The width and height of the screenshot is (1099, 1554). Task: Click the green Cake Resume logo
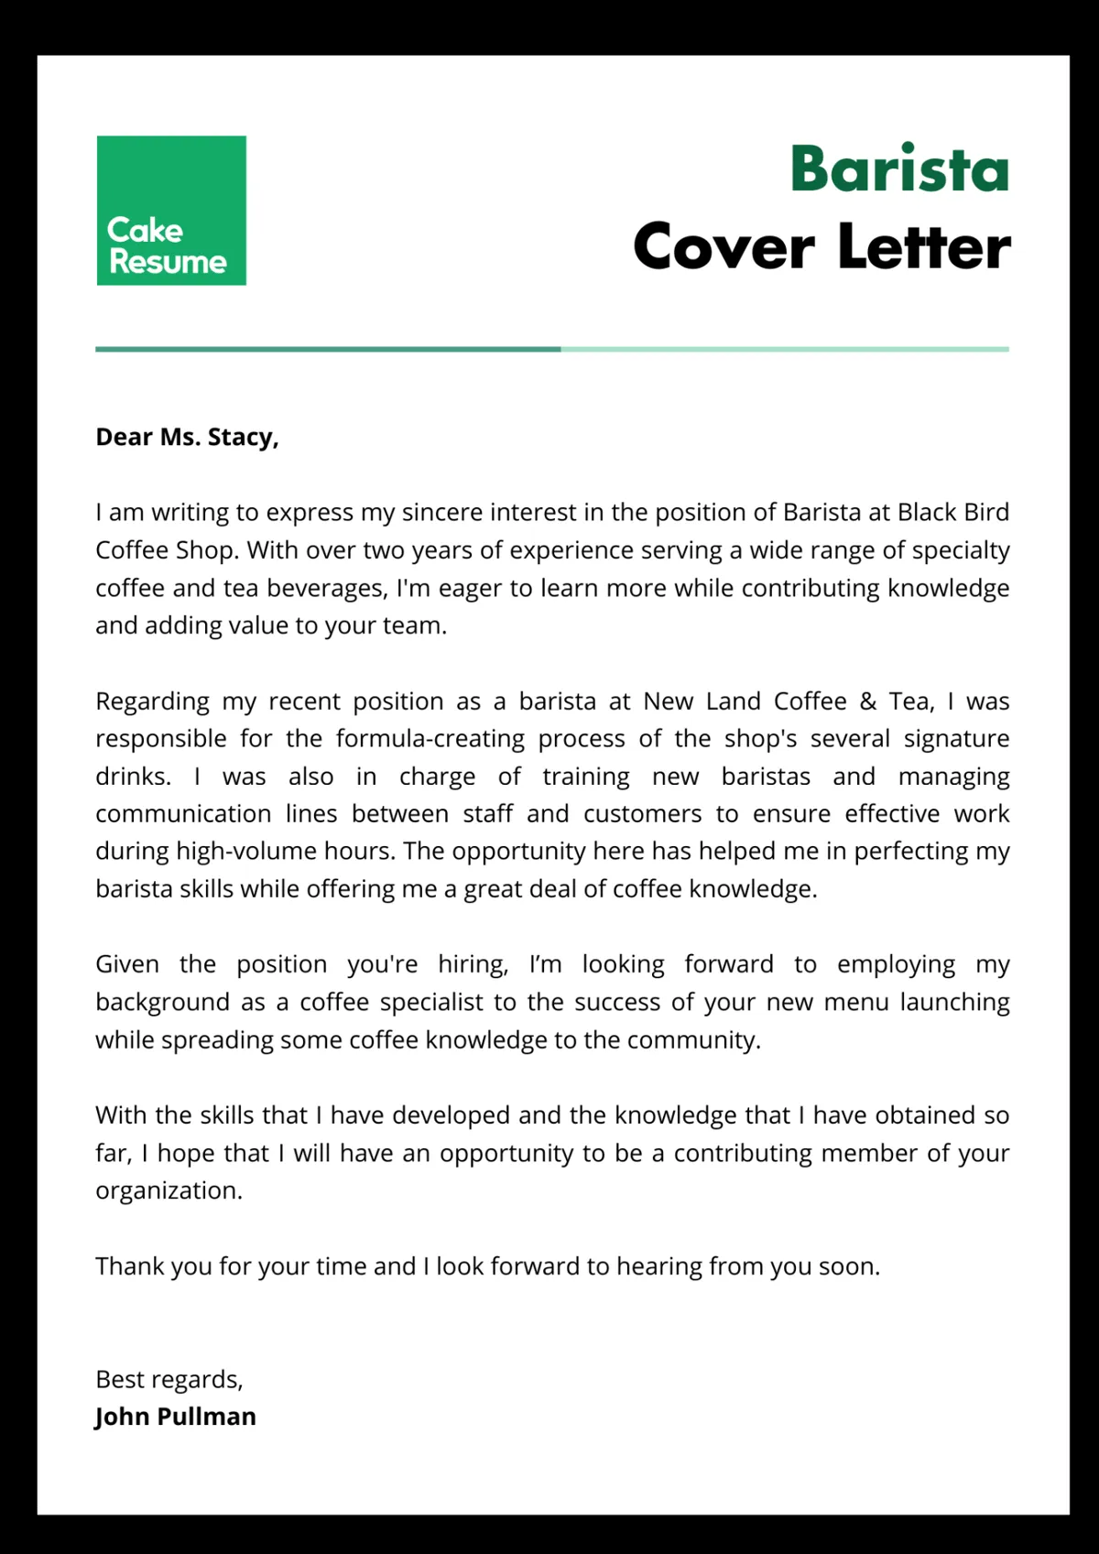pos(171,211)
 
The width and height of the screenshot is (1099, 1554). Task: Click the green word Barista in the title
pos(899,170)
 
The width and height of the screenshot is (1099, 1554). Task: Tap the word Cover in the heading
pos(724,247)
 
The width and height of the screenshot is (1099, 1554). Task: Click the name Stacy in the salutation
pos(242,438)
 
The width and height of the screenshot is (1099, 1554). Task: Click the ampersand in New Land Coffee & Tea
pos(868,702)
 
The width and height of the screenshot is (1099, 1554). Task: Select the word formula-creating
pos(430,739)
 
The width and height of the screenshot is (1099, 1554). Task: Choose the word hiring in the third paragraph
pos(472,965)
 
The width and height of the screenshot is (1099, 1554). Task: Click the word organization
pos(169,1190)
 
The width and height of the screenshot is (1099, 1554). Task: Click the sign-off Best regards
pos(169,1380)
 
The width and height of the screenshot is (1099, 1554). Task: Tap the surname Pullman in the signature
pos(206,1417)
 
